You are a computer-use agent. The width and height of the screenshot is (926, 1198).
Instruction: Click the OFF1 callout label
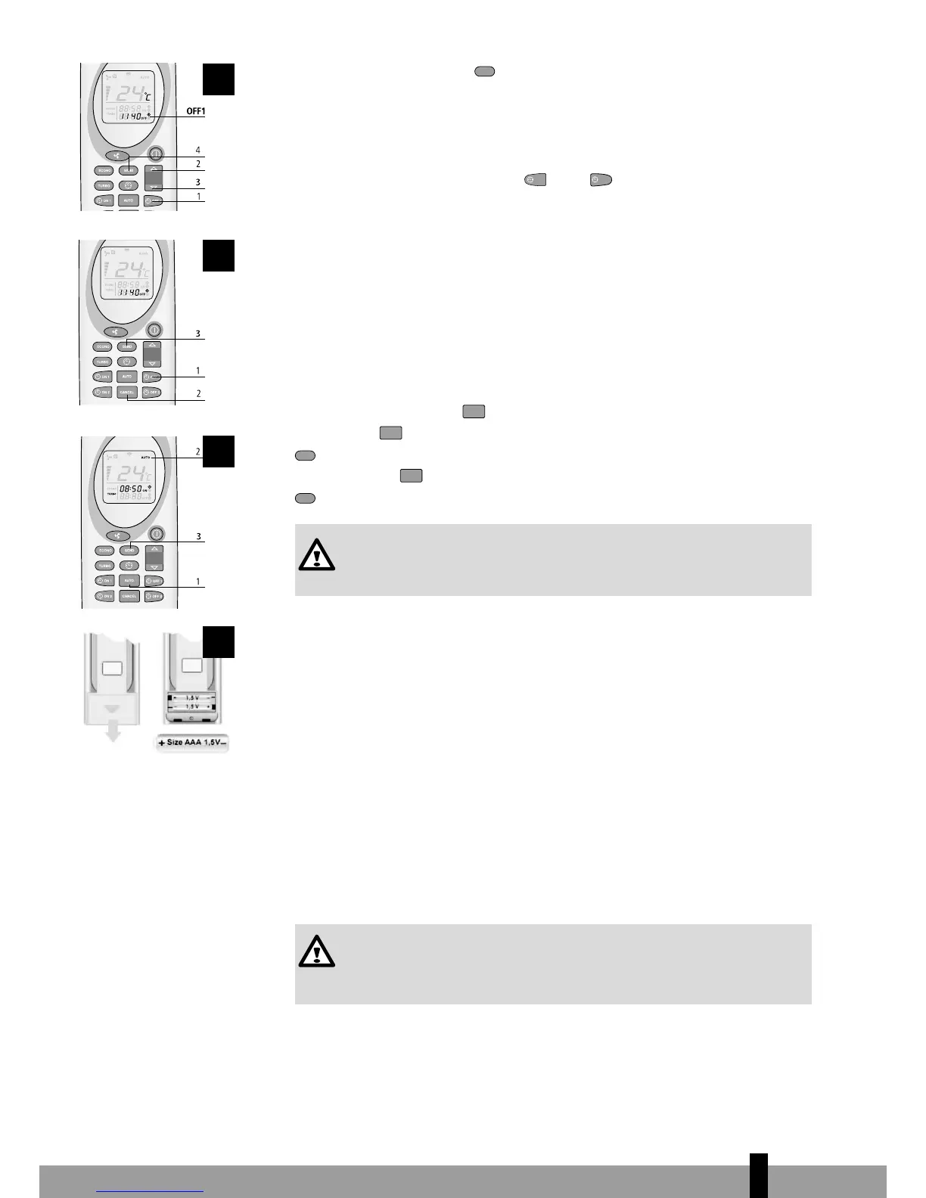point(195,111)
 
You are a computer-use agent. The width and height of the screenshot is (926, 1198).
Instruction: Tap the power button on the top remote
point(155,154)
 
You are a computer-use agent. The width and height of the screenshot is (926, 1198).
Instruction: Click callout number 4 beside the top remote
point(198,151)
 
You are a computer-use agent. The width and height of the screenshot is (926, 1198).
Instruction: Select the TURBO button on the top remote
point(104,185)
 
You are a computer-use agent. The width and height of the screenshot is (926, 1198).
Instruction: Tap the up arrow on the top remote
point(154,170)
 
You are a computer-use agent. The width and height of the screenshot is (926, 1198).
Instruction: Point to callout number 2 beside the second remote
point(198,394)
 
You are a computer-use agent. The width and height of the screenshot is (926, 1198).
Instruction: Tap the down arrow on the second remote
point(153,364)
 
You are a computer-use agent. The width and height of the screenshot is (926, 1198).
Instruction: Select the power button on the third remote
point(155,534)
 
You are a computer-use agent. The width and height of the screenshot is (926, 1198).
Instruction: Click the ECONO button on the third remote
point(104,551)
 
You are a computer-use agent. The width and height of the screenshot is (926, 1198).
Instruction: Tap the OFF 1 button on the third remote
point(154,581)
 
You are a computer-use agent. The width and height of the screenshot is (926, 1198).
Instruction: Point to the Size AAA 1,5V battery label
point(193,743)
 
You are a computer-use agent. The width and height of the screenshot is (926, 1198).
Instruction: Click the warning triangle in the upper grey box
point(316,556)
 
